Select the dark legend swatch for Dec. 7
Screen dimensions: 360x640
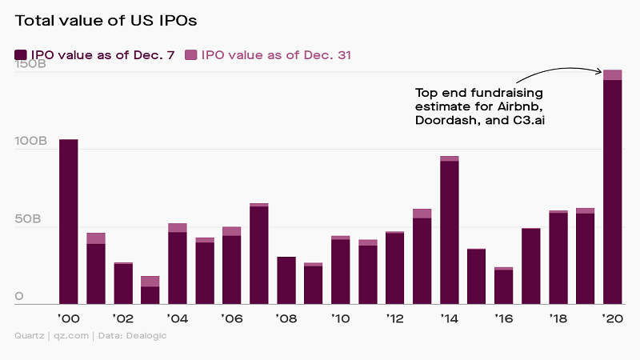[x=21, y=55]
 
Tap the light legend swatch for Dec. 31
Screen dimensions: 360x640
[x=191, y=55]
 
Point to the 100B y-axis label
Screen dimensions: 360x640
[x=31, y=141]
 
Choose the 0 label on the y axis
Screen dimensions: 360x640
[x=20, y=297]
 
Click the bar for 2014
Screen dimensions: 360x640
[x=449, y=232]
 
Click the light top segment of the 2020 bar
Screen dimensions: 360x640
[x=612, y=75]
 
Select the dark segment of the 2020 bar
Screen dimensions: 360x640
[x=612, y=192]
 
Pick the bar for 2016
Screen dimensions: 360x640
[x=503, y=286]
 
